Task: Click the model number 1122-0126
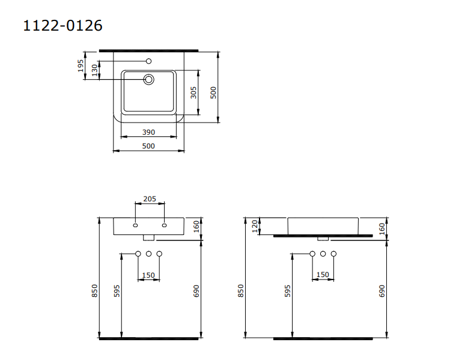point(62,25)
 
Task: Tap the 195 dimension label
point(81,66)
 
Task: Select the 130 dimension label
point(94,70)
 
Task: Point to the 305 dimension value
point(193,93)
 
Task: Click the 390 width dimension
point(148,132)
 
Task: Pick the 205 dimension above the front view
point(150,199)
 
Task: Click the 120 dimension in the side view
point(255,226)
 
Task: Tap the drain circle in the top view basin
point(149,79)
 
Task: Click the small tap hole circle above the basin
point(149,61)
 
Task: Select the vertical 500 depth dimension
point(213,93)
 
